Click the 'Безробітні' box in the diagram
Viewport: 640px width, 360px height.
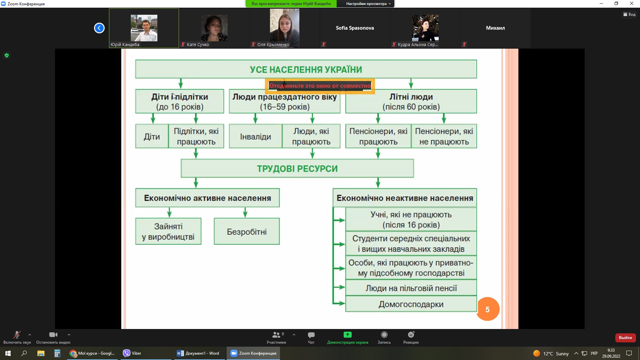tap(247, 231)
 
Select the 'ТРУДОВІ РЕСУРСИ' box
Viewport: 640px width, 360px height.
tap(297, 168)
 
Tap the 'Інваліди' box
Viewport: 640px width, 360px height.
tap(256, 136)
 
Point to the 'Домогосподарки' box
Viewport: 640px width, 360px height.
tap(411, 304)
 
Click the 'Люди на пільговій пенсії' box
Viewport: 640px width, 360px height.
tap(411, 288)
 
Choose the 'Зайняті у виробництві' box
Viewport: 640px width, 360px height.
tap(168, 231)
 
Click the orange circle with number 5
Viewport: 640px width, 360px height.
tap(488, 309)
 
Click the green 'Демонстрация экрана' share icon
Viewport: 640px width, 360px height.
tap(348, 335)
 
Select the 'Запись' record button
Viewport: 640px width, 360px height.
tap(384, 335)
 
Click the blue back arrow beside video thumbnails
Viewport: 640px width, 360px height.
tap(99, 28)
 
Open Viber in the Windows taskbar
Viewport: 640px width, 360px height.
tap(132, 353)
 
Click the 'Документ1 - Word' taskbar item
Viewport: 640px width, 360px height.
tap(198, 353)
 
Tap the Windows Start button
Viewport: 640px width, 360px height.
tap(8, 353)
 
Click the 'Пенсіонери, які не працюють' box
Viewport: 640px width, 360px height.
tap(444, 136)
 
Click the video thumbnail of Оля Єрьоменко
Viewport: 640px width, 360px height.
tap(285, 28)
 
